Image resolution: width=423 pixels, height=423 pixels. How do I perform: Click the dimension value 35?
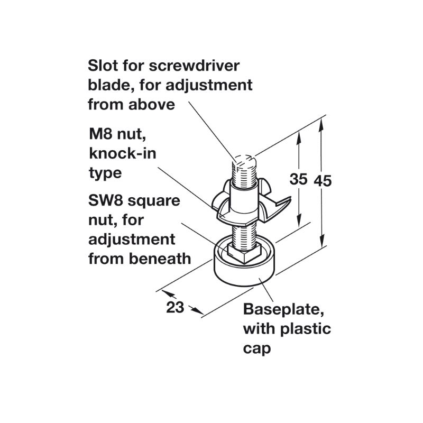tap(298, 180)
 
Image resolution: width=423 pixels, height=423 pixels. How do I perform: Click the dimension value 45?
tap(323, 180)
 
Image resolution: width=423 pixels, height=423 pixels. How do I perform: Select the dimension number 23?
tap(174, 307)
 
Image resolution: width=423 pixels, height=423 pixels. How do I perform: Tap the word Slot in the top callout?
tap(103, 66)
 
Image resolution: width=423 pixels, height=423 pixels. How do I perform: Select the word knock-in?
tap(118, 154)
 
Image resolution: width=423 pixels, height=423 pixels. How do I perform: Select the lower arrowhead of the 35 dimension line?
tap(300, 222)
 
